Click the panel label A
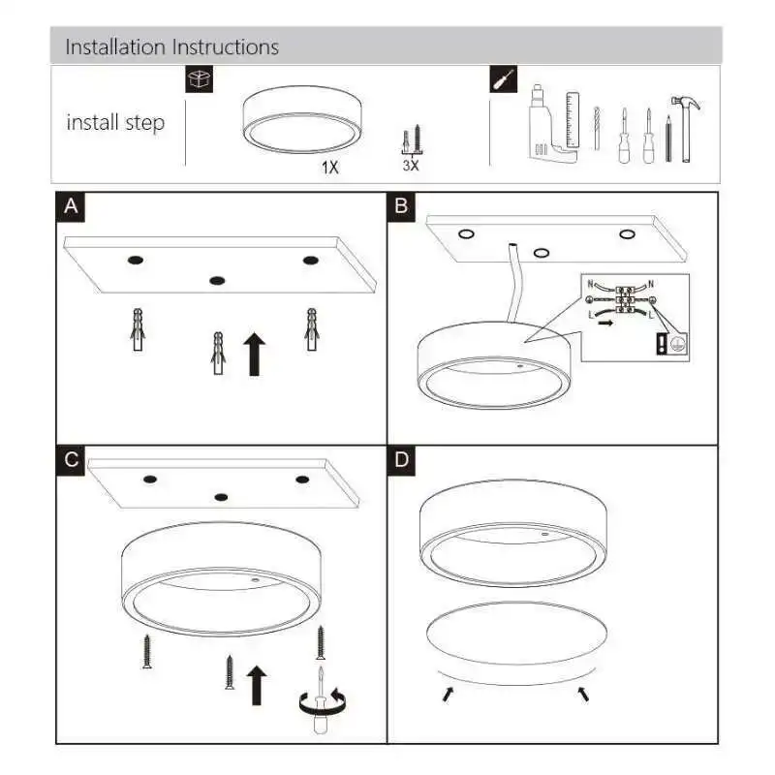pyautogui.click(x=71, y=206)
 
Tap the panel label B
pyautogui.click(x=401, y=206)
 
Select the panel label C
pyautogui.click(x=71, y=460)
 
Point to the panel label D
pyautogui.click(x=401, y=460)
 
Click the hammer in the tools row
pyautogui.click(x=686, y=129)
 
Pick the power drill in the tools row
pyautogui.click(x=547, y=124)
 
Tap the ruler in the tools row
pyautogui.click(x=573, y=119)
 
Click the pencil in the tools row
pyautogui.click(x=668, y=139)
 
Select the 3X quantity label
pyautogui.click(x=411, y=166)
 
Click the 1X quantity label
pyautogui.click(x=330, y=168)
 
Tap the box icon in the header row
pyautogui.click(x=200, y=79)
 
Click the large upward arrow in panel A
pyautogui.click(x=255, y=354)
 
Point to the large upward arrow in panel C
pyautogui.click(x=257, y=685)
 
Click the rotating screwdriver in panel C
pyautogui.click(x=322, y=701)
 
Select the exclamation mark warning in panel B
pyautogui.click(x=662, y=344)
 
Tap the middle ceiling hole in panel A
pyautogui.click(x=217, y=281)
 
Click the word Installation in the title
pyautogui.click(x=115, y=47)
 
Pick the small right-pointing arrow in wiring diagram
pyautogui.click(x=605, y=323)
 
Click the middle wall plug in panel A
pyautogui.click(x=218, y=353)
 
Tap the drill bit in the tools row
pyautogui.click(x=597, y=128)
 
